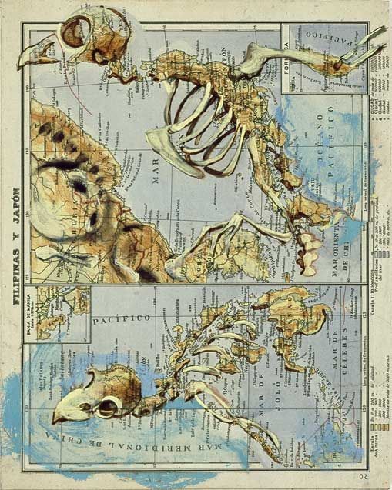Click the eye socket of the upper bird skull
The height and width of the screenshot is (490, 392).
point(74,34)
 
